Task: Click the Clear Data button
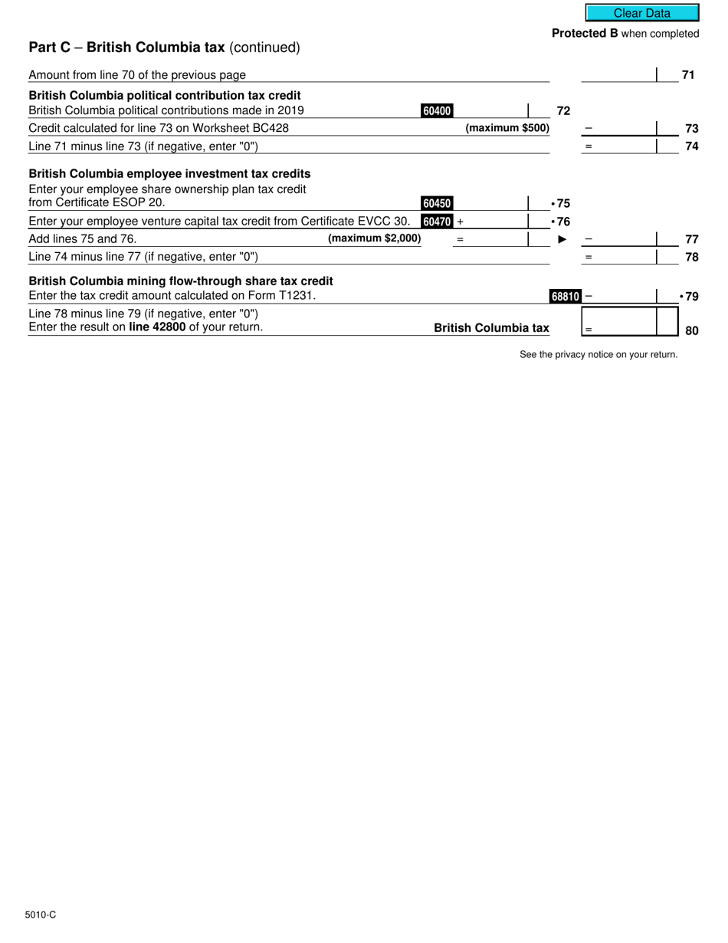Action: click(642, 13)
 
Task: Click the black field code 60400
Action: click(437, 111)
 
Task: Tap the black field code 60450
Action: click(437, 204)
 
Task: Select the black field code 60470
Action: click(437, 222)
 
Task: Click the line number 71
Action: click(688, 74)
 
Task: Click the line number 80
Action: click(691, 331)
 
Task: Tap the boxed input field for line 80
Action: click(629, 321)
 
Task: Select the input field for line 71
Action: click(618, 74)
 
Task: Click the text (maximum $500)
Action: click(507, 128)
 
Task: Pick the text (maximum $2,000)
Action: click(374, 238)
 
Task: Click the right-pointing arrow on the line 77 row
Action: click(562, 239)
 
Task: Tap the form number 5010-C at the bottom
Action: click(40, 915)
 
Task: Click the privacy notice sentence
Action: click(598, 354)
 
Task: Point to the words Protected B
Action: click(585, 34)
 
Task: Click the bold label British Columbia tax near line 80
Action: click(491, 328)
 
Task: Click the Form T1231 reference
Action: click(283, 295)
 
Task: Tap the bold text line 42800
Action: click(156, 327)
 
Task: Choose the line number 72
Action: click(563, 111)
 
